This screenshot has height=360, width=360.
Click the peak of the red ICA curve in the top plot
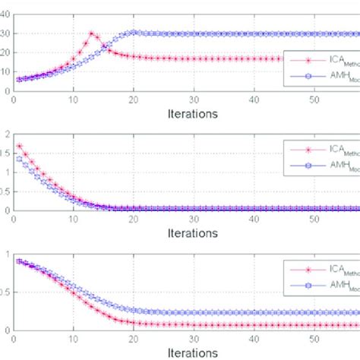pyautogui.click(x=91, y=33)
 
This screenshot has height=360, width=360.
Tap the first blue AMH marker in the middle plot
pyautogui.click(x=19, y=159)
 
